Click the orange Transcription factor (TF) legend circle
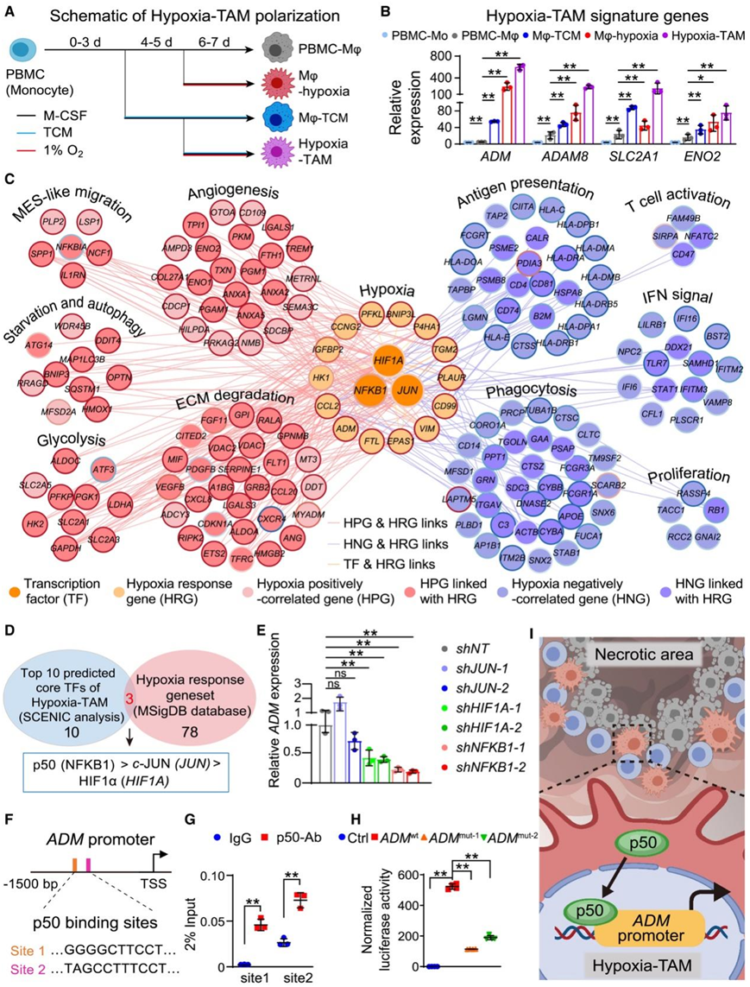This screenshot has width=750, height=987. (x=18, y=585)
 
